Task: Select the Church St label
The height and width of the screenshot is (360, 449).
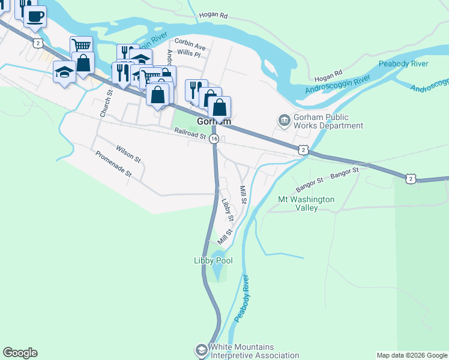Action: click(107, 103)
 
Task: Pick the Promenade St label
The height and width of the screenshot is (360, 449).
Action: click(113, 164)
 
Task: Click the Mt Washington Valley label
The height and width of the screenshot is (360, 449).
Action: click(306, 203)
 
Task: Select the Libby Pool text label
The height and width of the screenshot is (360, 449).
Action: click(212, 261)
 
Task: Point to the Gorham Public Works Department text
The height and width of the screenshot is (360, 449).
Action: click(328, 121)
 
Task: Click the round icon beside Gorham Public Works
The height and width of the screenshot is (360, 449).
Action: click(283, 121)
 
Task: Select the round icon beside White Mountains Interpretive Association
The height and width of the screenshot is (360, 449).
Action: click(201, 349)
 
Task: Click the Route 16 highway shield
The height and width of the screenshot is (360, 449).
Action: click(214, 139)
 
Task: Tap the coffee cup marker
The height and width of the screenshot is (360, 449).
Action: click(35, 16)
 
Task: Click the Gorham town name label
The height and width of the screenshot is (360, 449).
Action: click(214, 121)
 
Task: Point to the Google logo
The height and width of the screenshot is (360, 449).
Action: click(20, 353)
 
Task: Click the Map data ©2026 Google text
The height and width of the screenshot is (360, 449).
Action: click(411, 355)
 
